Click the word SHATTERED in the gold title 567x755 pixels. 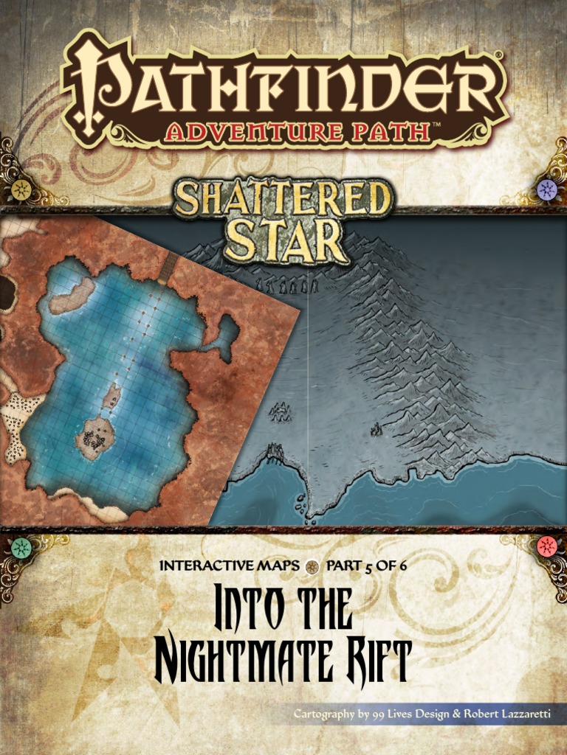(284, 200)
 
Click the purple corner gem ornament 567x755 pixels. (546, 189)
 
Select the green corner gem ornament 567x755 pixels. (21, 547)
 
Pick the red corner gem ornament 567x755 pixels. (546, 546)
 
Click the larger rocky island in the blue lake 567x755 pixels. (94, 438)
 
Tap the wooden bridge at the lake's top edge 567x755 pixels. (167, 266)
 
